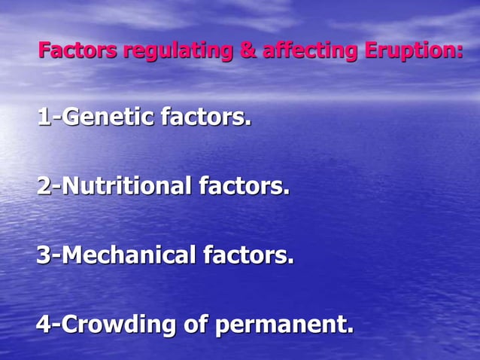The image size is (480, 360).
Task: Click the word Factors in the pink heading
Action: [x=77, y=51]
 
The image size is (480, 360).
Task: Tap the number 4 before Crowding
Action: [x=44, y=325]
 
